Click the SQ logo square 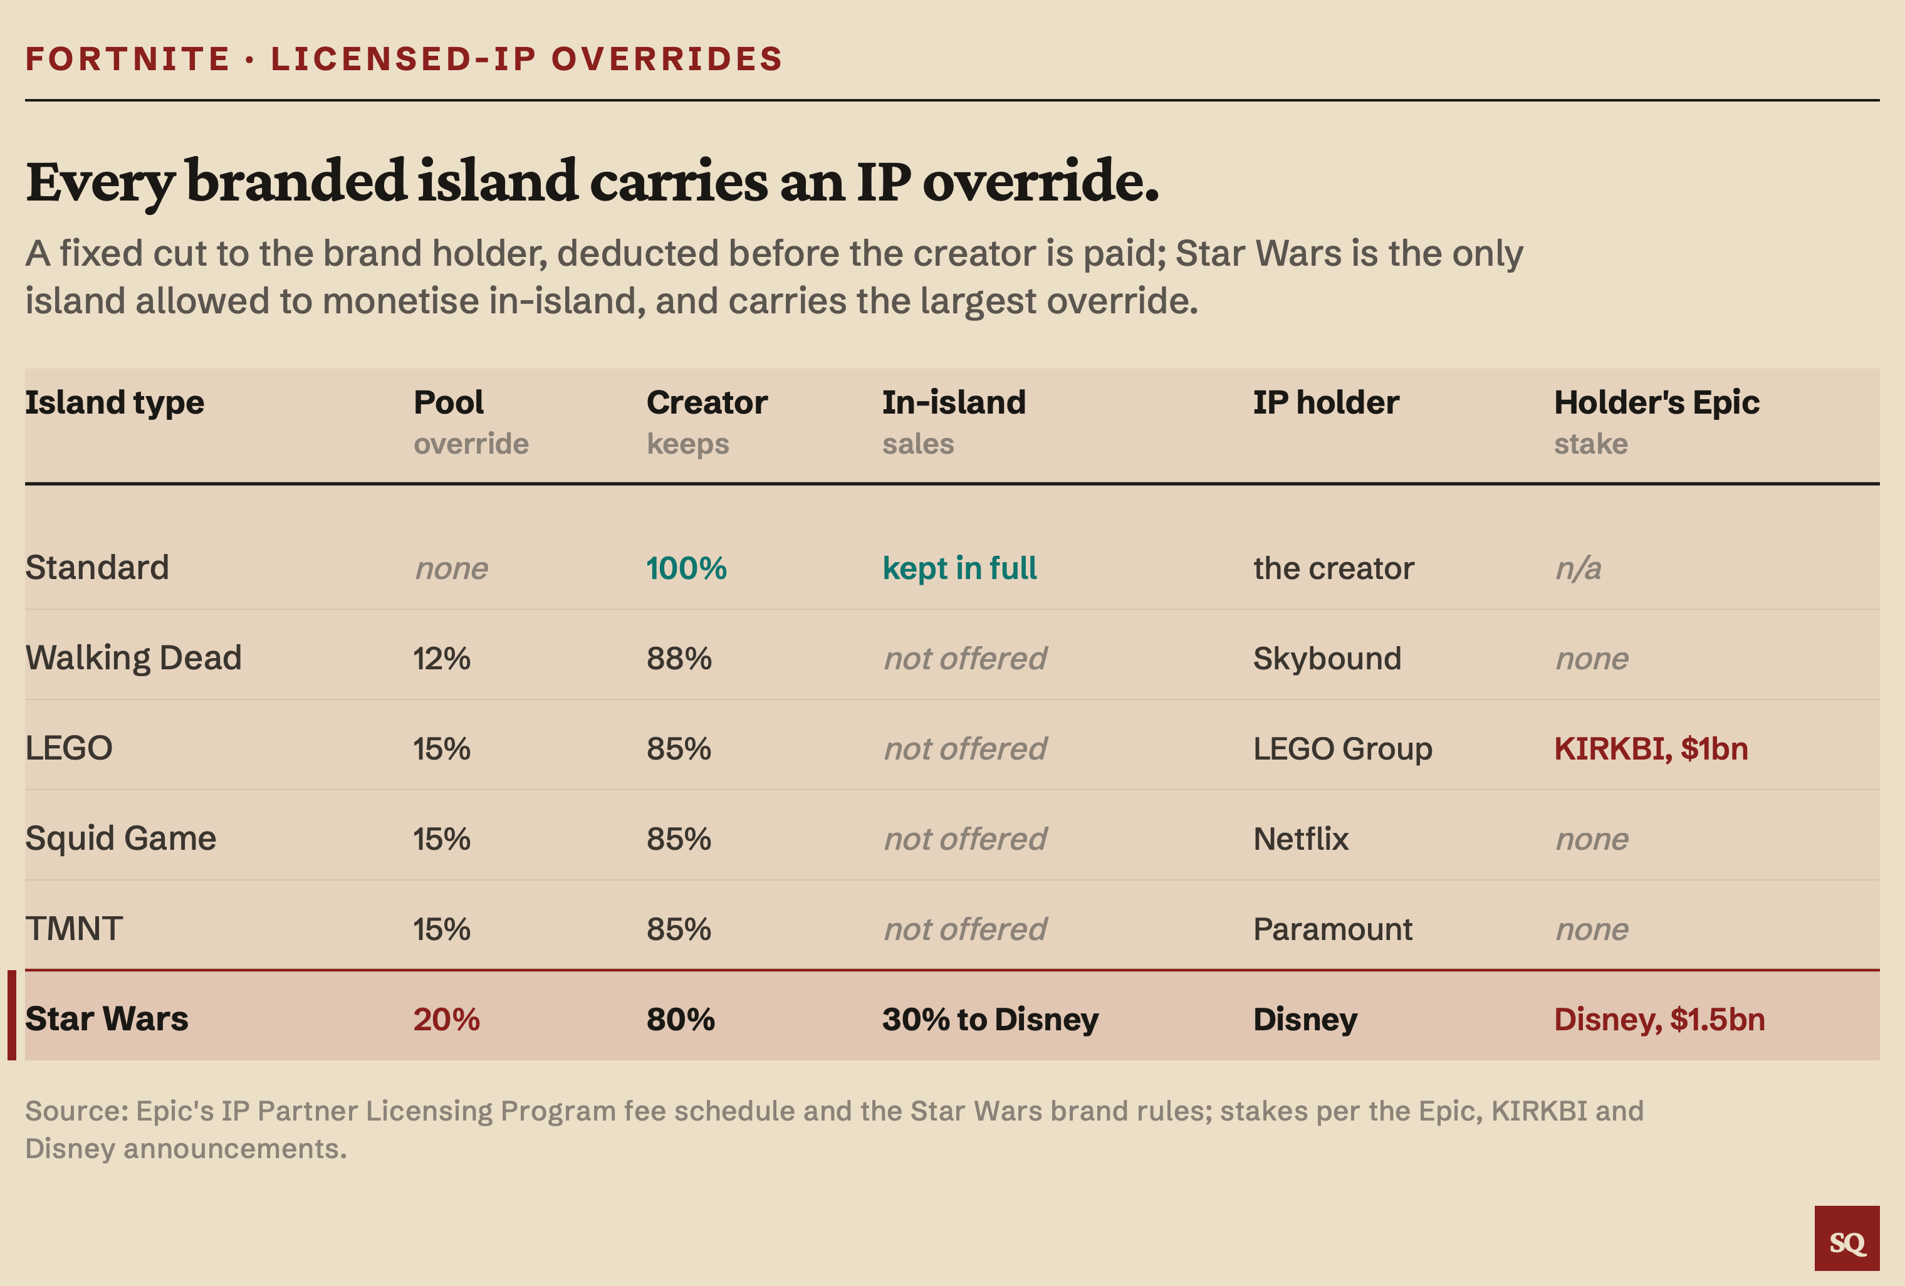point(1847,1238)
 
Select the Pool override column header point(471,422)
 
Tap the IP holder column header point(1325,402)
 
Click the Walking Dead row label point(133,658)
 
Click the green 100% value point(686,568)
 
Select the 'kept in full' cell point(959,568)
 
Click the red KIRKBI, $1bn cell point(1651,749)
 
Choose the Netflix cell point(1301,839)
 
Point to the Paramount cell point(1333,929)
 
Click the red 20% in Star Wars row point(446,1020)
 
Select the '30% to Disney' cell point(990,1020)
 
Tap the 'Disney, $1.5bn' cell point(1659,1020)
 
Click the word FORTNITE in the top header point(128,59)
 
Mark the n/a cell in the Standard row point(1578,568)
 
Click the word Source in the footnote point(77,1111)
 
